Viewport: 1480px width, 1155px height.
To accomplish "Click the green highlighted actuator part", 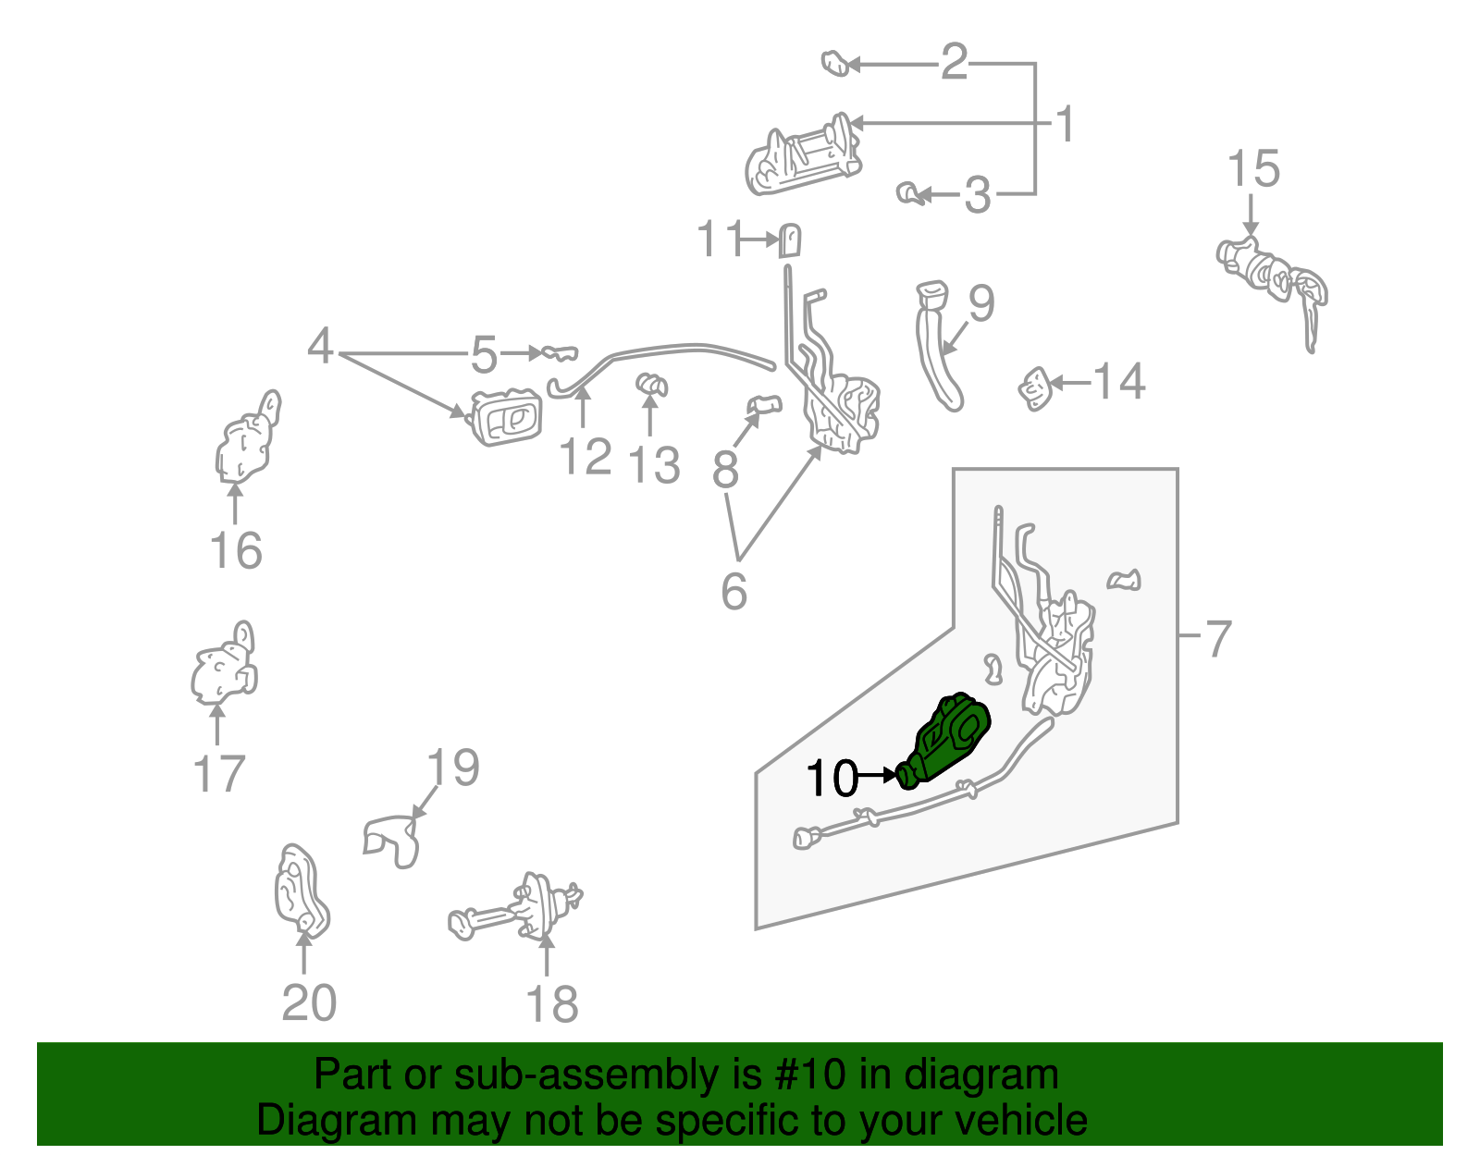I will point(948,740).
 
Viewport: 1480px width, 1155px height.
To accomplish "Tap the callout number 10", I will point(832,779).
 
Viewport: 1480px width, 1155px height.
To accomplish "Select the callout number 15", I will point(1253,170).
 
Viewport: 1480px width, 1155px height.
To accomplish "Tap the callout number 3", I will point(977,196).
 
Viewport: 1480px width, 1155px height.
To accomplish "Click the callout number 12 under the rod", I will point(586,457).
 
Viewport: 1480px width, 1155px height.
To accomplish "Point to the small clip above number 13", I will point(652,384).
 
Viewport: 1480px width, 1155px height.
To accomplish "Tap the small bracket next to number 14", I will point(1035,388).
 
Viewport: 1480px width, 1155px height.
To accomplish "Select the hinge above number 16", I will point(246,440).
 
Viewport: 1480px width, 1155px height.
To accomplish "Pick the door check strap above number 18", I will point(518,910).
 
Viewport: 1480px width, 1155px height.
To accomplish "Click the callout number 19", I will point(453,768).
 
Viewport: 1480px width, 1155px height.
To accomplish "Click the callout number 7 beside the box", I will point(1218,639).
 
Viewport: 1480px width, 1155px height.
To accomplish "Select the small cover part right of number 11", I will point(790,240).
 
